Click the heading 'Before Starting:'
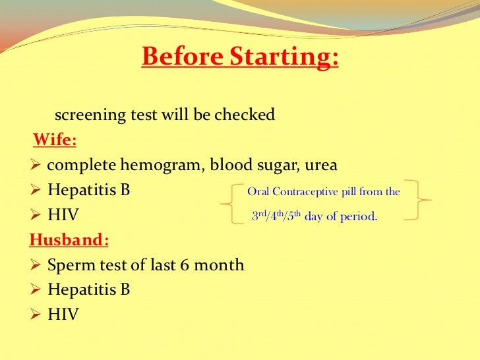(240, 57)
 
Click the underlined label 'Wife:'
(55, 140)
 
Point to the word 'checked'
(245, 115)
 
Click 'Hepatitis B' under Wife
(88, 191)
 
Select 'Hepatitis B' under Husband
(88, 290)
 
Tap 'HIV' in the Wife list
(63, 216)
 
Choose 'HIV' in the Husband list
(63, 315)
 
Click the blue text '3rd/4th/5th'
(277, 217)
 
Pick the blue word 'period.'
(359, 217)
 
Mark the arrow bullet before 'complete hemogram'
(36, 165)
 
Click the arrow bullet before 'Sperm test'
(36, 265)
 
